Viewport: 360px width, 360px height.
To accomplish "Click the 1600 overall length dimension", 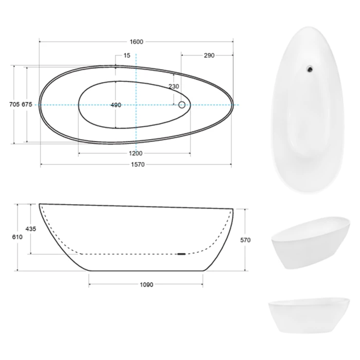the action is (x=136, y=42).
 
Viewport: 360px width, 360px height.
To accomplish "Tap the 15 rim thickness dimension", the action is (x=127, y=55).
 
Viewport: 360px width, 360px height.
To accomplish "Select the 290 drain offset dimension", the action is (x=209, y=55).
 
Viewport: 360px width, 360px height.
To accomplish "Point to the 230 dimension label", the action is (x=174, y=86).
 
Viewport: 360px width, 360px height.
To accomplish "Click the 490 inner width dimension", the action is (x=116, y=105).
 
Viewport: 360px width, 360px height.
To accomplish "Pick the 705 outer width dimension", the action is (x=14, y=105).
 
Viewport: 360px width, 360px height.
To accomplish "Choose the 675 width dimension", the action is (x=27, y=105).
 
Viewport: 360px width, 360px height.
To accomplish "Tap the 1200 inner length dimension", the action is (x=135, y=153).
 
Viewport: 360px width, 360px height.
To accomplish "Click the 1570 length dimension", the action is (x=138, y=164).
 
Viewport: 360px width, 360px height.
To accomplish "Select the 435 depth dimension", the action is (x=31, y=229).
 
